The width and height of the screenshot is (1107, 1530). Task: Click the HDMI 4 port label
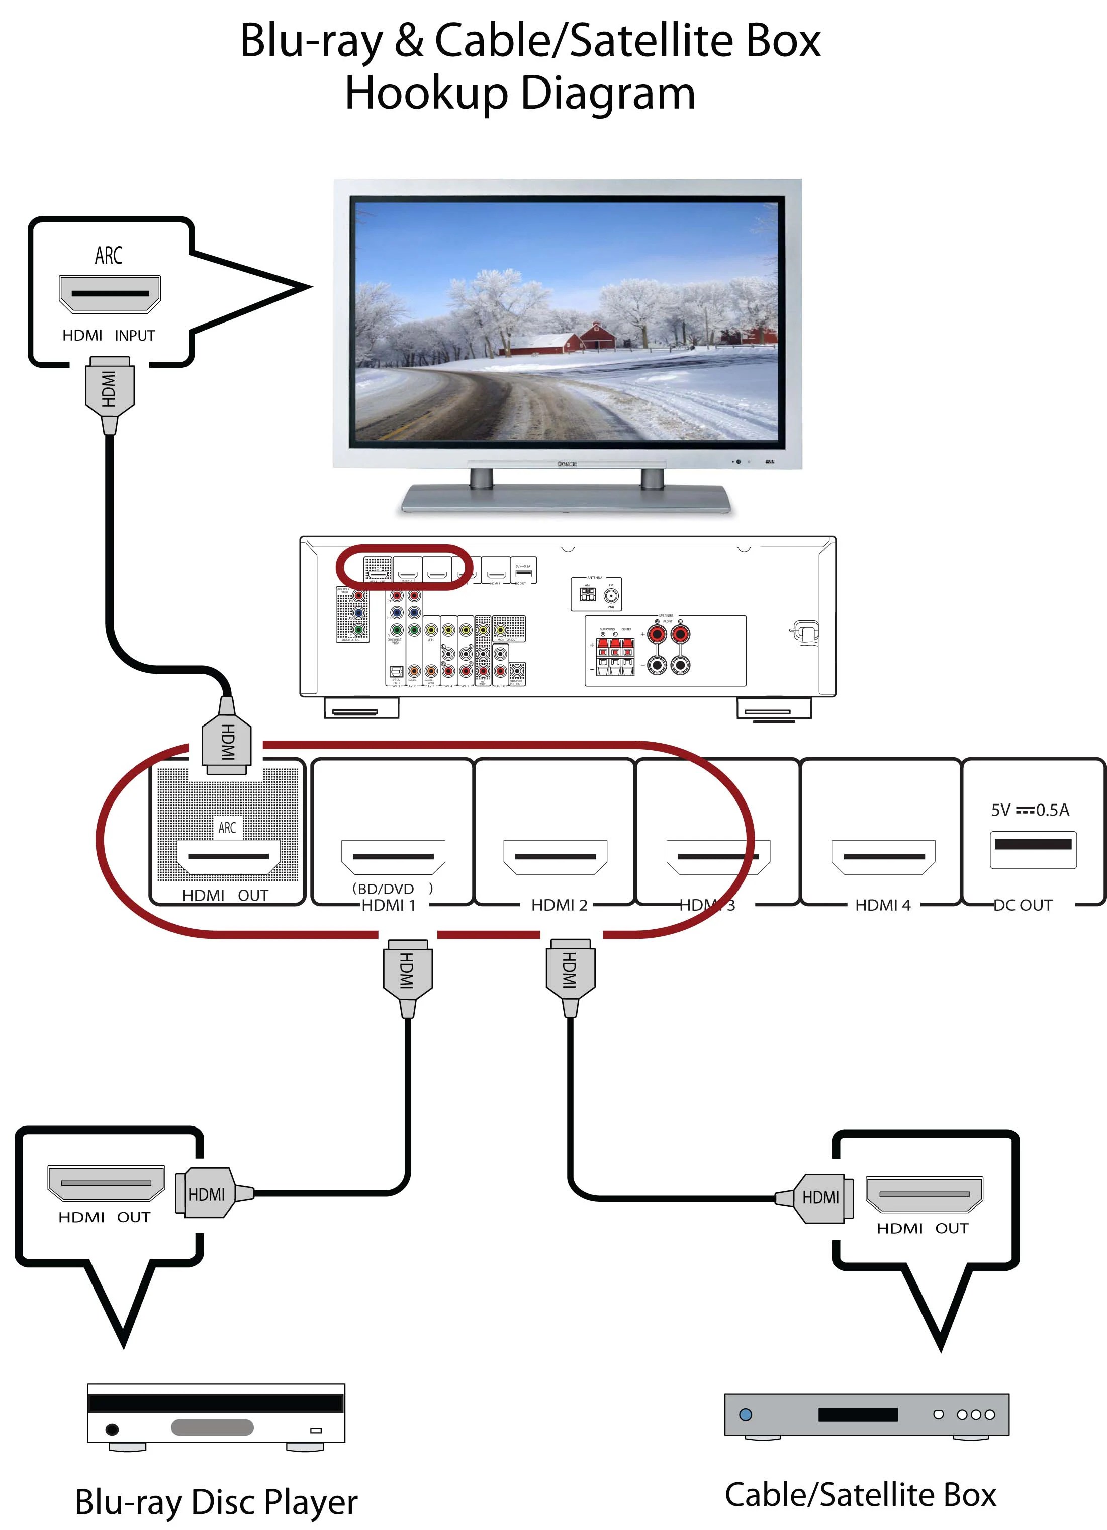pos(882,905)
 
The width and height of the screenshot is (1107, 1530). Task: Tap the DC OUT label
pos(1023,905)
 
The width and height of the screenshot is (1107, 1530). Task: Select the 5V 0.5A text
pos(1030,810)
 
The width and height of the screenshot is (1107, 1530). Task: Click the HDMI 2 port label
pos(559,905)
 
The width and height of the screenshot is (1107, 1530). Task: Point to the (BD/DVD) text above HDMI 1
pos(392,889)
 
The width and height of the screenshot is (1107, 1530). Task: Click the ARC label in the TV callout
pos(109,256)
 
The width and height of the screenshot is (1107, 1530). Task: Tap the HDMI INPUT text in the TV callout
pos(109,335)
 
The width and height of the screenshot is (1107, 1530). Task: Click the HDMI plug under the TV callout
pos(109,390)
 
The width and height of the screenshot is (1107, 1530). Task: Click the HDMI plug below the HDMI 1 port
pos(407,972)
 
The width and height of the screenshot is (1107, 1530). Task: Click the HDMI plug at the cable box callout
pos(819,1197)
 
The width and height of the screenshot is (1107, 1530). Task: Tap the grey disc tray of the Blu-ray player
pos(212,1427)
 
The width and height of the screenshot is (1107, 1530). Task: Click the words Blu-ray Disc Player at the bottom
pos(216,1502)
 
